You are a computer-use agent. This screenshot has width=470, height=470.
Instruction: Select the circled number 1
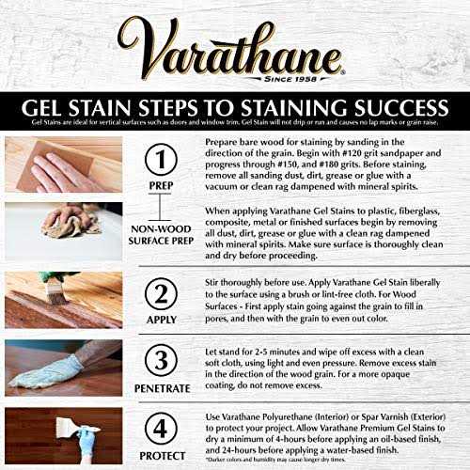click(163, 155)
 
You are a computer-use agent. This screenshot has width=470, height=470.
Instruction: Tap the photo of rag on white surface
click(63, 229)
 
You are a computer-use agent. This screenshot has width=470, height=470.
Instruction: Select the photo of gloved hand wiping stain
click(63, 368)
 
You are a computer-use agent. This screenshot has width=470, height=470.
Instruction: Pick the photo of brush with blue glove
click(63, 435)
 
